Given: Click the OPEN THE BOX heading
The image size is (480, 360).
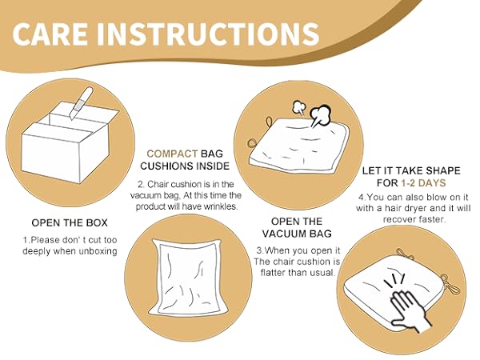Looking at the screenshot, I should [70, 222].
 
